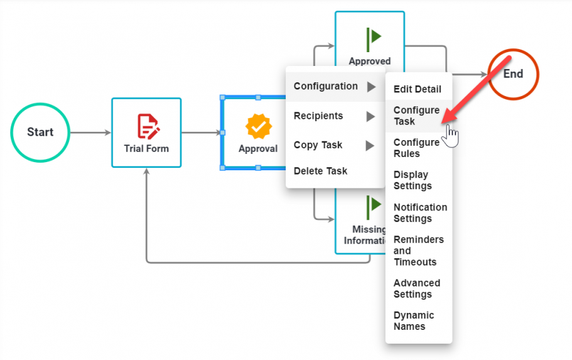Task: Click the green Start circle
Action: coord(40,133)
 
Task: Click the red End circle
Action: coord(513,74)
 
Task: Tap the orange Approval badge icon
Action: coord(258,127)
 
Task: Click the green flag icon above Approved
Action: coord(374,37)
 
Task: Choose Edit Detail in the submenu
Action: coord(417,89)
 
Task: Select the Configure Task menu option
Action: coord(416,116)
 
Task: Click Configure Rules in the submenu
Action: coord(416,148)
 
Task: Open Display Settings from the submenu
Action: coord(413,180)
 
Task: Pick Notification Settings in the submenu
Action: coord(420,213)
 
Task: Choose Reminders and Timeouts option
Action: coord(418,251)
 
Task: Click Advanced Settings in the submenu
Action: coord(416,288)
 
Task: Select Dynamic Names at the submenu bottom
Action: coord(413,321)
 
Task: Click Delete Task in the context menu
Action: coord(320,171)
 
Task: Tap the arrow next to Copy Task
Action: coord(371,146)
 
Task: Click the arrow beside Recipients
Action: coord(371,116)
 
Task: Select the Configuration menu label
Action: coord(325,86)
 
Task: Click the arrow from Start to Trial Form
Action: coord(90,133)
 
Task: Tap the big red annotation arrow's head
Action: coord(446,118)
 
